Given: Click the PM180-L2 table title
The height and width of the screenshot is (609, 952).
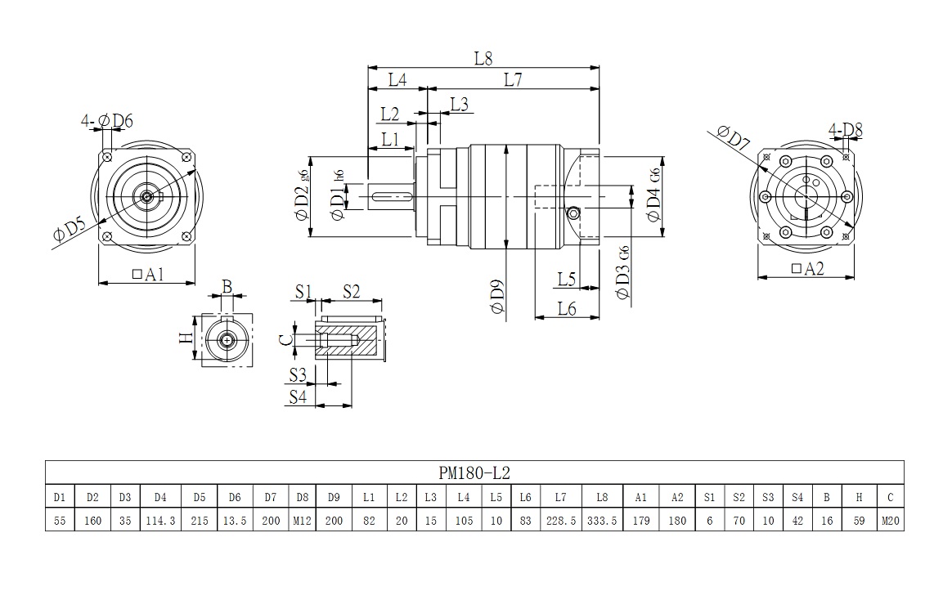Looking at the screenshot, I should click(x=474, y=472).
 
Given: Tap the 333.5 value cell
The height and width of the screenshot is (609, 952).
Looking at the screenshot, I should click(x=602, y=520).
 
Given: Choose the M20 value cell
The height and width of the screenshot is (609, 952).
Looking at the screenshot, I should click(x=890, y=520).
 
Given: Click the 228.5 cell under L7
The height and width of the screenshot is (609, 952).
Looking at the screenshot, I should click(x=561, y=520).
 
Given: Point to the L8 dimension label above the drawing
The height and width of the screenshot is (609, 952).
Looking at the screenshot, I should click(x=483, y=59).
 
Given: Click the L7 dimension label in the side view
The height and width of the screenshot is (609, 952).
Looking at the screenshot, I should click(x=514, y=79).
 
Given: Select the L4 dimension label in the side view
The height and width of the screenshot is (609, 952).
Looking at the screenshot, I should click(x=397, y=79).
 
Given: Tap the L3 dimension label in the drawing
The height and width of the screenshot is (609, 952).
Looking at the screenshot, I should click(x=459, y=104).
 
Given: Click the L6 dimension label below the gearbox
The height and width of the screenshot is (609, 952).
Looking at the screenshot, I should click(x=567, y=308).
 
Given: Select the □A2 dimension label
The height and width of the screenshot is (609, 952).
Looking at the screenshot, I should click(x=807, y=268).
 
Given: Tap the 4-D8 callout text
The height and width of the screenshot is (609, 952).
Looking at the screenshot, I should click(x=845, y=129).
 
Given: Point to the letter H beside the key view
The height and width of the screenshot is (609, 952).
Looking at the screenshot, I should click(x=186, y=337).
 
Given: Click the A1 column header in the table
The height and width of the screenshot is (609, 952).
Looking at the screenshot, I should click(x=640, y=496).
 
